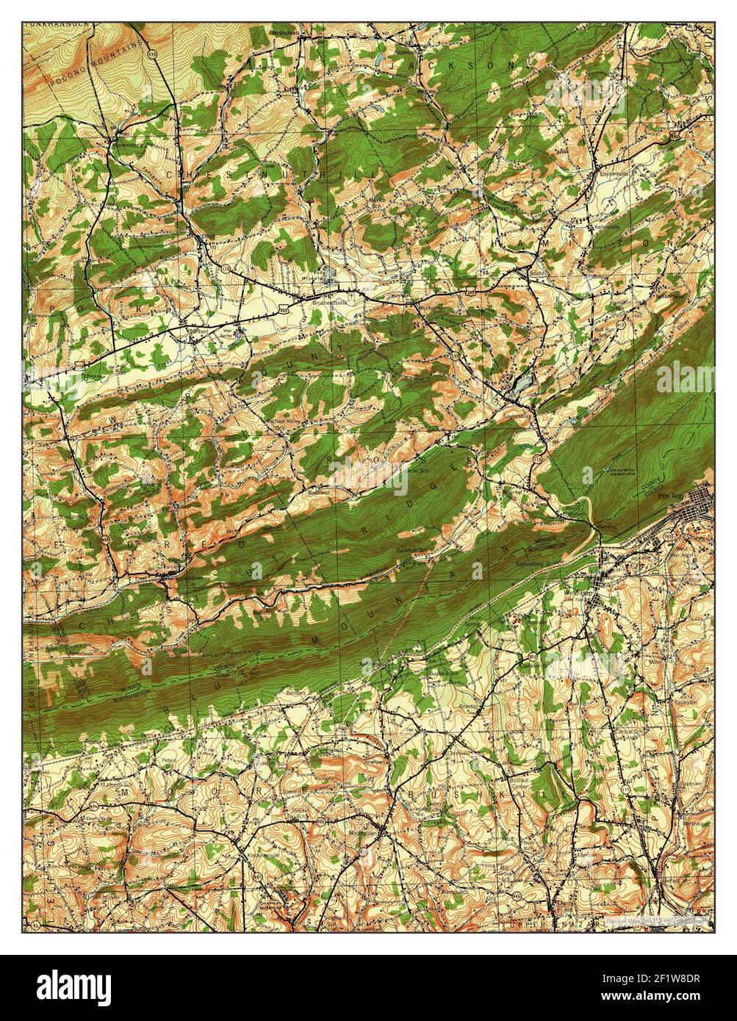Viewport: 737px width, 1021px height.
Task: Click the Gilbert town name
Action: click(195, 331)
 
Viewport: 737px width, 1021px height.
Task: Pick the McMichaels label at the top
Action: click(286, 34)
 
